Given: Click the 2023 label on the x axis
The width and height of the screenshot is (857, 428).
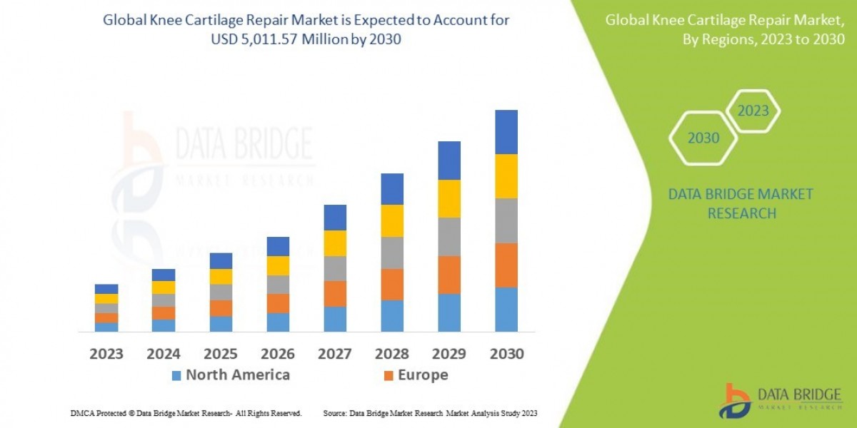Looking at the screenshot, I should pos(106,354).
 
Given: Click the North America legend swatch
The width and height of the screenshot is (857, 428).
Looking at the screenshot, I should pos(176,375).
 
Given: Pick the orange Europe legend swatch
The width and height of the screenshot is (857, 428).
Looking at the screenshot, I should pos(389,375).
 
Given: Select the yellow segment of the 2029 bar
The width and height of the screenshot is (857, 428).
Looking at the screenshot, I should pos(448,198).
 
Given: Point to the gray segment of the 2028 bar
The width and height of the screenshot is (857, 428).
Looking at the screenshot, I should pos(391,253).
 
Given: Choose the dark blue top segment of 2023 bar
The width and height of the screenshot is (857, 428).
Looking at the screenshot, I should pos(106,289).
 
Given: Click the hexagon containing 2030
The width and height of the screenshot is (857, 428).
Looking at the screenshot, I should pos(703,138).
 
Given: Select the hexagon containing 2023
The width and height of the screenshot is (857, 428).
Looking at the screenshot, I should pos(753,111).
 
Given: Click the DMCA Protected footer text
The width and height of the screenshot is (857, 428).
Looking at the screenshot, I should pos(186,413).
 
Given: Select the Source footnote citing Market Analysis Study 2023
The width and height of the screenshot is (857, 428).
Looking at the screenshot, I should pos(430,413).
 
